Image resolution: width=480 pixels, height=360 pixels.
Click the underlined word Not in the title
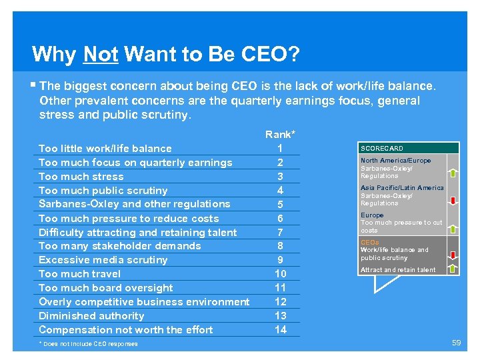[x=101, y=53]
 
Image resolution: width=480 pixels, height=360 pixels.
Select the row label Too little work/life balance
[x=105, y=149]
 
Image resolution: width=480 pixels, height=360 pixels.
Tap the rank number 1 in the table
[x=280, y=148]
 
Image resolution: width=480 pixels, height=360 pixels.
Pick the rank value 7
[x=280, y=232]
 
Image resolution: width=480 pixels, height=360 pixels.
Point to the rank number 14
[x=280, y=329]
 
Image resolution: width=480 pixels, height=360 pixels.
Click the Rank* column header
[x=280, y=135]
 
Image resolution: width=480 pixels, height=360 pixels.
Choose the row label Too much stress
[x=81, y=177]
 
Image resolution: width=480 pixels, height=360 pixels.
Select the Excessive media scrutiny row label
[x=103, y=260]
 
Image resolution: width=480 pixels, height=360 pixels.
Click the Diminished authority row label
[x=91, y=316]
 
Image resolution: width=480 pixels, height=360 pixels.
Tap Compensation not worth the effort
[x=126, y=330]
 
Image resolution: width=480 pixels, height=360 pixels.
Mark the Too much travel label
[x=80, y=274]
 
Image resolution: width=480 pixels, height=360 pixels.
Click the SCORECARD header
[x=382, y=149]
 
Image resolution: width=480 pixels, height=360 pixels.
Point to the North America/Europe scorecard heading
[x=396, y=161]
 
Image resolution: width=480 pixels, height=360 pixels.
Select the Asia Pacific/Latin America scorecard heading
[x=402, y=188]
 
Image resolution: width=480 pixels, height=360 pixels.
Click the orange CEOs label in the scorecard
[x=369, y=242]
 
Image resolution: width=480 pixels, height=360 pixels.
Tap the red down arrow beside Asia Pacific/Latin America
[x=453, y=200]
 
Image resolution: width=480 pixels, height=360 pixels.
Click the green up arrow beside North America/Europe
[x=453, y=173]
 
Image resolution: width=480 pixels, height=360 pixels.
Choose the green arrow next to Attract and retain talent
[x=453, y=269]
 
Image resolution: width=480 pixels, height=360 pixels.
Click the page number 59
[x=457, y=343]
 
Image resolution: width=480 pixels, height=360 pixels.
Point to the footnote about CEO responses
[x=89, y=344]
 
